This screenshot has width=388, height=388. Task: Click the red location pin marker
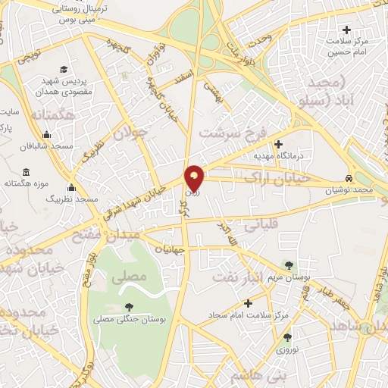pyautogui.click(x=195, y=177)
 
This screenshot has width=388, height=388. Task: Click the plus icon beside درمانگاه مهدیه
pyautogui.click(x=278, y=144)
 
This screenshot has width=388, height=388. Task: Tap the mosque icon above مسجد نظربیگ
pyautogui.click(x=72, y=186)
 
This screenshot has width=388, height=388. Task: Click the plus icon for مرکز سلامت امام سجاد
pyautogui.click(x=249, y=303)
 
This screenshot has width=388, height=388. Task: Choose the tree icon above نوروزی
pyautogui.click(x=287, y=338)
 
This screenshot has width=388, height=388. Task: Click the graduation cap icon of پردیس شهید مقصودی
pyautogui.click(x=63, y=69)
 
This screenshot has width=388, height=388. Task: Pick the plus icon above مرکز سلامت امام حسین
pyautogui.click(x=348, y=30)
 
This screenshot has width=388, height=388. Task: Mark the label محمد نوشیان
pyautogui.click(x=352, y=190)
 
